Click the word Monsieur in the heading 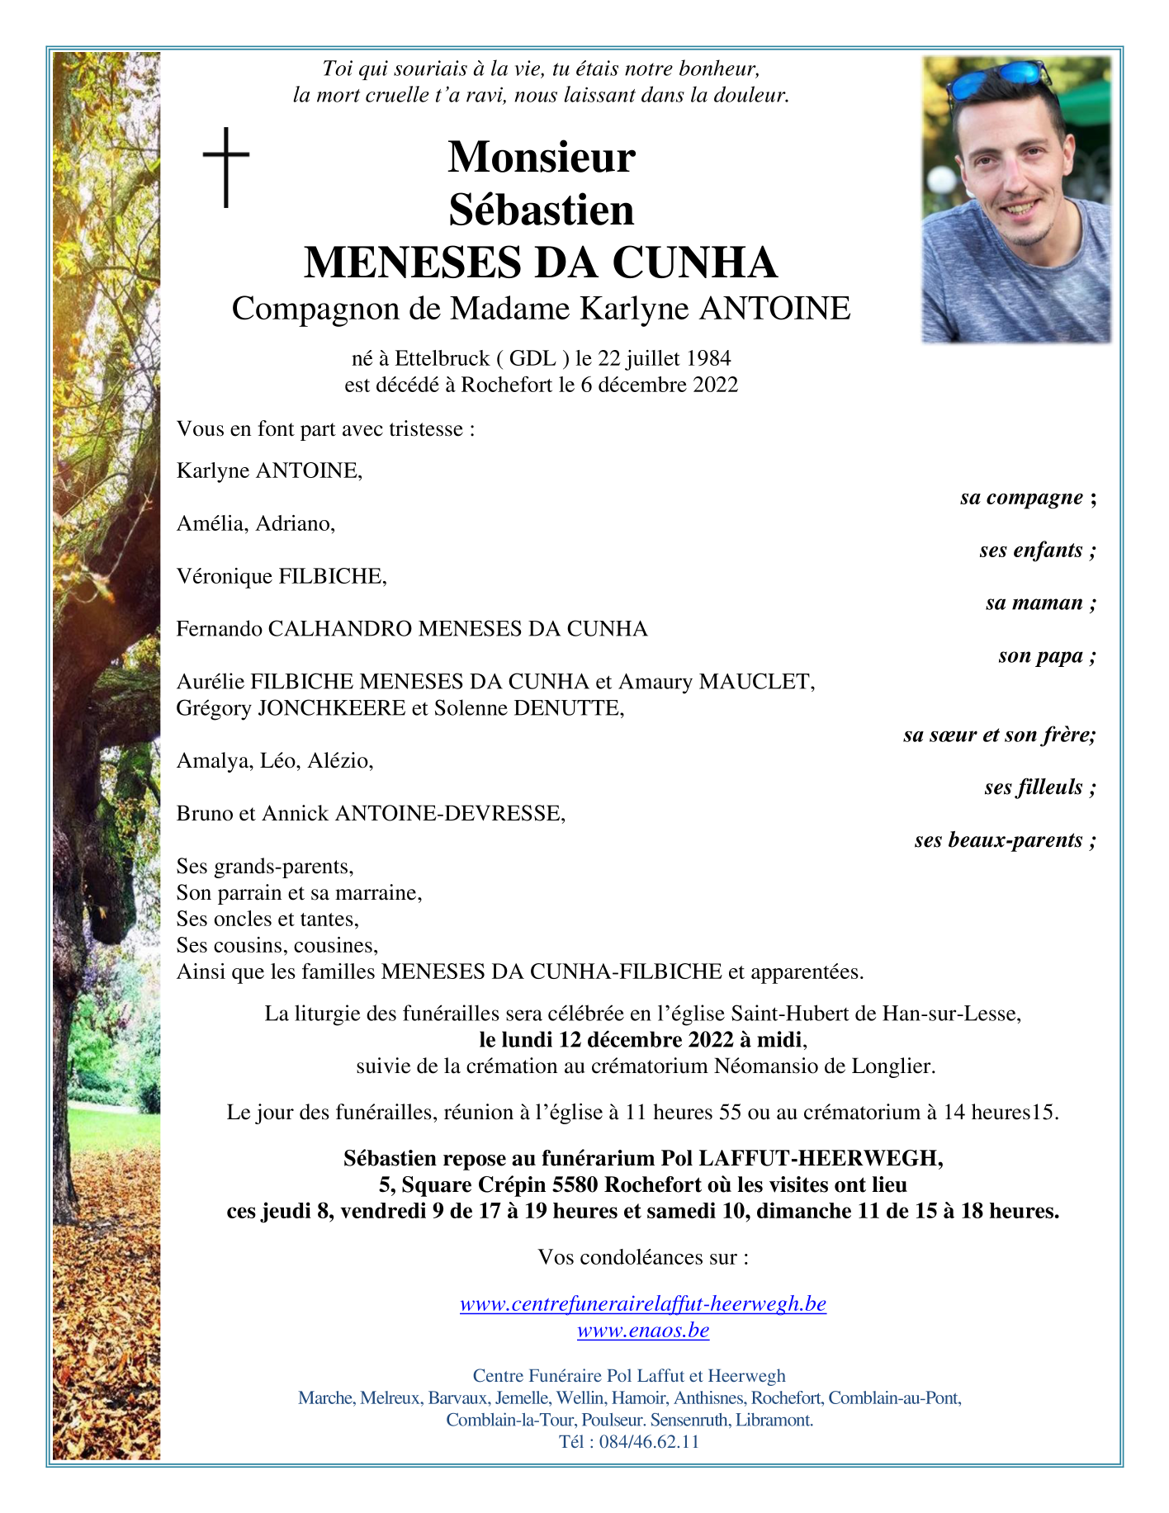click(541, 157)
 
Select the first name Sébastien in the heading click(541, 210)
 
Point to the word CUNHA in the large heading click(694, 262)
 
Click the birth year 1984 click(706, 358)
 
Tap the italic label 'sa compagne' click(1021, 497)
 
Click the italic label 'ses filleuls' click(1033, 787)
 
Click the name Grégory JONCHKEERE click(291, 708)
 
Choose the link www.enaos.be click(642, 1330)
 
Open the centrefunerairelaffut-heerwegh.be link click(642, 1303)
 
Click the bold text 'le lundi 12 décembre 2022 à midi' click(641, 1039)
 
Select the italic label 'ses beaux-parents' click(998, 840)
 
